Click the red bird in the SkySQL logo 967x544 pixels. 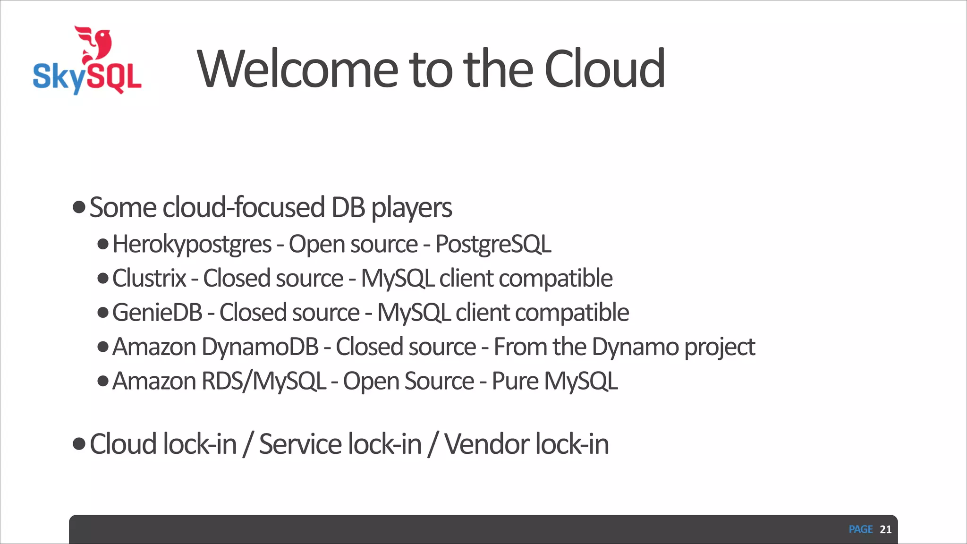pos(97,44)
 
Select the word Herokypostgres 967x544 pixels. pos(192,245)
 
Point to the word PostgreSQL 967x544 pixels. pos(493,245)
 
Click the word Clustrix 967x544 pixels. pos(149,278)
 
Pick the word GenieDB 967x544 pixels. pos(157,313)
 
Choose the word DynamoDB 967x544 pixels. pos(260,347)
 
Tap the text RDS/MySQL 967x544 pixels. pos(263,381)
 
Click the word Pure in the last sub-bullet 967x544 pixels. pos(515,381)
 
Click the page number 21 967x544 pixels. pos(885,529)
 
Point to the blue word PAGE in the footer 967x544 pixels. pos(860,529)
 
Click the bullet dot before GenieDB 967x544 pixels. pos(103,313)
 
